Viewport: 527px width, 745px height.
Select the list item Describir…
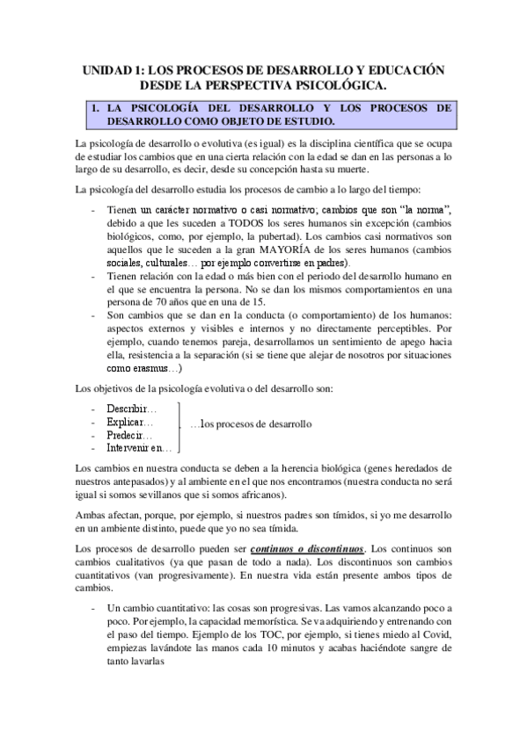[x=132, y=409]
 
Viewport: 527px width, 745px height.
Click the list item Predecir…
[x=130, y=435]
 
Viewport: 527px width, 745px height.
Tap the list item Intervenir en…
[x=140, y=448]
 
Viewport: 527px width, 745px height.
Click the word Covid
[x=436, y=634]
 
